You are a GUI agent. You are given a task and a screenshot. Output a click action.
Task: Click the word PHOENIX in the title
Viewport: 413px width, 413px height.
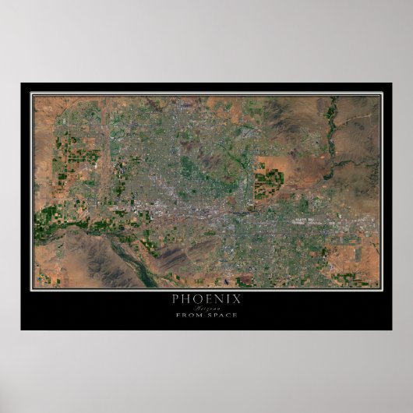[206, 298]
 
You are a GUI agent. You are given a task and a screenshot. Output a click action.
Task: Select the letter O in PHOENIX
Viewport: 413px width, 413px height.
[198, 298]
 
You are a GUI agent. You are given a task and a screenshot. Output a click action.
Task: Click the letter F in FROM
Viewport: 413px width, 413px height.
[178, 314]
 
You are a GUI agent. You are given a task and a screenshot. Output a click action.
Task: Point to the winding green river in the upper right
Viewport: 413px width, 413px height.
[334, 132]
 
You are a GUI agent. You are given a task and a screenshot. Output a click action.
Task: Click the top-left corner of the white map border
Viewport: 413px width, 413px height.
[32, 94]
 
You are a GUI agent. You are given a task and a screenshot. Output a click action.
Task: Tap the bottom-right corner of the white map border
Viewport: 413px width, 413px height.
[381, 288]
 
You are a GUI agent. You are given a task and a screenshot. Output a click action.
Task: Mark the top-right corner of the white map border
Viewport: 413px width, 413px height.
[381, 94]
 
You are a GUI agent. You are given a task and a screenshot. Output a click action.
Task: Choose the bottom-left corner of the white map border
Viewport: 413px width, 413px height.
[32, 288]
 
